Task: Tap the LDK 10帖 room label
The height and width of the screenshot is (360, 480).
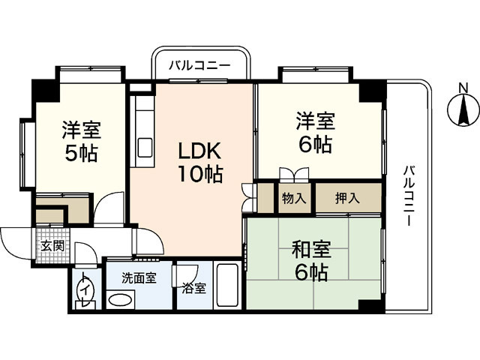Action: (x=199, y=162)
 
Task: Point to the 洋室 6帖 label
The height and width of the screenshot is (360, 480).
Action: (x=313, y=131)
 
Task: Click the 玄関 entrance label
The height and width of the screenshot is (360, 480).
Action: (x=52, y=246)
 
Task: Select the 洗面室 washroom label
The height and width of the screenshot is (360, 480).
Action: (x=139, y=277)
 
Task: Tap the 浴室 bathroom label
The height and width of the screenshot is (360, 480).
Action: (x=194, y=288)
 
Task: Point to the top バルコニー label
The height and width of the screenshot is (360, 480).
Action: (x=199, y=66)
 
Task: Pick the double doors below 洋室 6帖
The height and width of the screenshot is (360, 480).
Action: (x=292, y=174)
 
